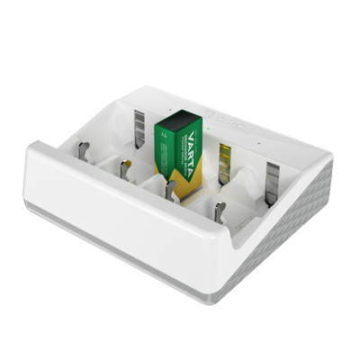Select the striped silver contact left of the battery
[140, 126]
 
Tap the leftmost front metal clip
[81, 149]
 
